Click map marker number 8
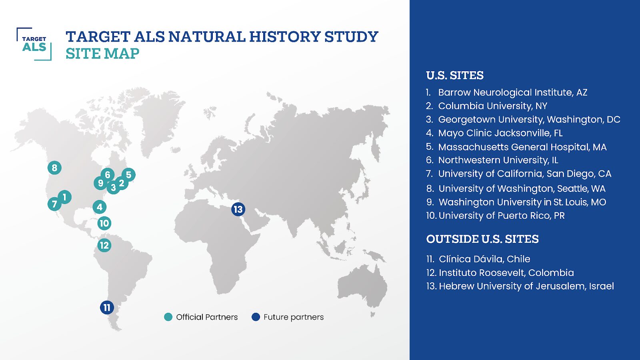(x=54, y=168)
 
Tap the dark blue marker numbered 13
(x=238, y=210)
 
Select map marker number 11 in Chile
(x=107, y=308)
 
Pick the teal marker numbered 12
(x=104, y=245)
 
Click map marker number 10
(x=104, y=223)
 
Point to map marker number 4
(x=100, y=207)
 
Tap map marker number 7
(x=54, y=204)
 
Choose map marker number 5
(x=128, y=174)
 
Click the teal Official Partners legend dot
(x=168, y=317)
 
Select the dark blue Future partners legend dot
(x=256, y=317)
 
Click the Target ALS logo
(x=34, y=44)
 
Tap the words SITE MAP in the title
(x=102, y=54)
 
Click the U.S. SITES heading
(x=455, y=76)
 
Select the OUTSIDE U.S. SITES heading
(x=482, y=239)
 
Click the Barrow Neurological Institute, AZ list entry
(x=506, y=92)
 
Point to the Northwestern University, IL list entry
(x=492, y=160)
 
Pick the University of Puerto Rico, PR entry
(x=495, y=216)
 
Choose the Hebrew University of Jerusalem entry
(x=520, y=286)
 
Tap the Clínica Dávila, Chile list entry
(x=478, y=259)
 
